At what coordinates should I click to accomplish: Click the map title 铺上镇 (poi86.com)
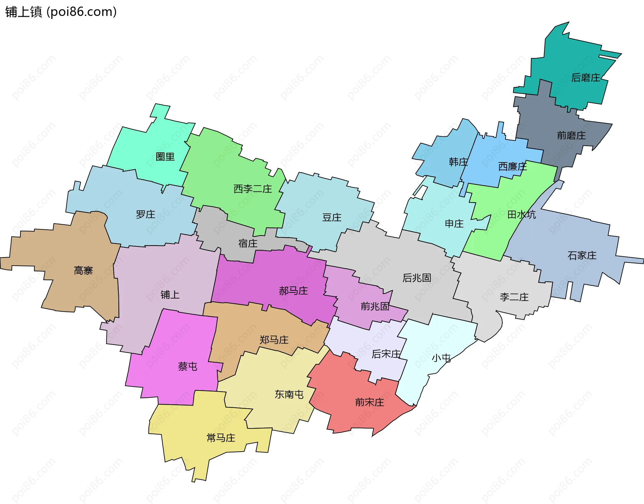pos(61,12)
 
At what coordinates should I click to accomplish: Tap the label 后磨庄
pos(585,78)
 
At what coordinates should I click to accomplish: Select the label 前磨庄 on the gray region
pos(571,136)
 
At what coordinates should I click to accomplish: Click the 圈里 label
pos(165,157)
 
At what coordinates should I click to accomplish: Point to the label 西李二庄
pos(252,189)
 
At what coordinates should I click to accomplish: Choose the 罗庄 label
pos(145,215)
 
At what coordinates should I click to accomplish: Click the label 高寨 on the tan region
pos(83,271)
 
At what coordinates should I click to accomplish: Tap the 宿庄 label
pos(248,244)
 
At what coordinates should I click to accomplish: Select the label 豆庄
pos(331,218)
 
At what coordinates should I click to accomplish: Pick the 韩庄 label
pos(458,162)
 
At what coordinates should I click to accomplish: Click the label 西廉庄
pos(512,167)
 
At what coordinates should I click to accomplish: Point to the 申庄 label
pos(454,224)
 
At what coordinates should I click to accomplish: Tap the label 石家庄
pos(582,256)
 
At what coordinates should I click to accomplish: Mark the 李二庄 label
pos(514,297)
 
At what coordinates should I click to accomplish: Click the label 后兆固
pos(417,278)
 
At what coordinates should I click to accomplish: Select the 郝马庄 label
pos(293,291)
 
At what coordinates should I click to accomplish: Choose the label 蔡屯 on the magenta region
pos(187,366)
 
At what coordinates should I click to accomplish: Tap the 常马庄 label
pos(221,438)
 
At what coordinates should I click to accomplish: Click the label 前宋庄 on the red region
pos(369,402)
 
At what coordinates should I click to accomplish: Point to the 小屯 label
pos(441,358)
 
